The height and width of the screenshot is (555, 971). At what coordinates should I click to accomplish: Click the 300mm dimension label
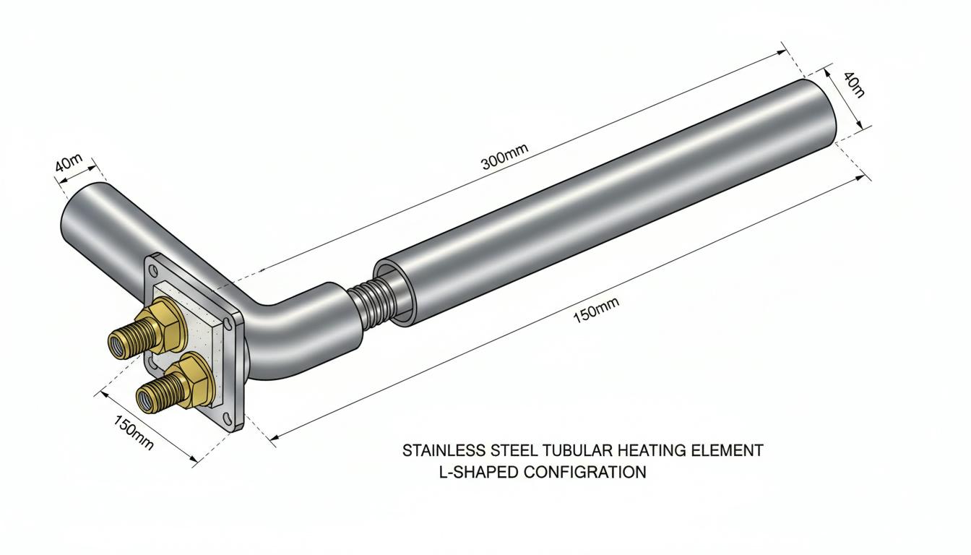point(505,157)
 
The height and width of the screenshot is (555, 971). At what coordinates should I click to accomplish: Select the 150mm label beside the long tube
point(596,311)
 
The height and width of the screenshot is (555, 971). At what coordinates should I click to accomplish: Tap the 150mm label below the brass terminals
point(134,432)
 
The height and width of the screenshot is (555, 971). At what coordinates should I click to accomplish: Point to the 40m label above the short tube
point(68,163)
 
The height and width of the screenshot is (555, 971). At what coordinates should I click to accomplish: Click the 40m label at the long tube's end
point(853,90)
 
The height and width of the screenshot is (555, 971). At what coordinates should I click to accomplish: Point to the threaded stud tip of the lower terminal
point(145,400)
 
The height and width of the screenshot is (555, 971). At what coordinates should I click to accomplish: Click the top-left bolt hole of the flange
point(153,271)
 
